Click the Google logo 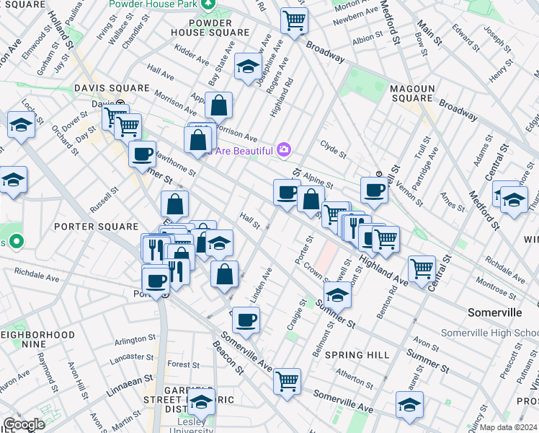point(24,424)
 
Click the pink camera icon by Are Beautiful point(284,149)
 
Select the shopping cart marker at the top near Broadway point(294,19)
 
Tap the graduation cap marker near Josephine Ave point(248,68)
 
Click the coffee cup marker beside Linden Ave point(246,319)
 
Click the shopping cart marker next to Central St point(422,268)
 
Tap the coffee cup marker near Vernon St point(374,190)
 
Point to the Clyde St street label point(334,154)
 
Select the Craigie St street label point(292,316)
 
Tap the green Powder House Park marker point(208,4)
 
